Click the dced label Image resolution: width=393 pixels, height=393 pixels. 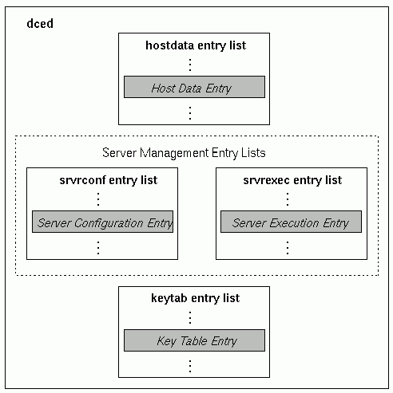click(40, 23)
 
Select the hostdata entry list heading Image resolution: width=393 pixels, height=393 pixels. click(196, 45)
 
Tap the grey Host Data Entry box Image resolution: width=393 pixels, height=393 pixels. click(194, 87)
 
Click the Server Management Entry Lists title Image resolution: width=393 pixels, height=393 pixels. click(184, 153)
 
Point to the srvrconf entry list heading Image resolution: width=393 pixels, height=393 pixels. click(109, 180)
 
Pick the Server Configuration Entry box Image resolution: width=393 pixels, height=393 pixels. click(102, 222)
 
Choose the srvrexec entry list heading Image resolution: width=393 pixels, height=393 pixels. click(292, 180)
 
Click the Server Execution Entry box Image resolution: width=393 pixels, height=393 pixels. click(291, 222)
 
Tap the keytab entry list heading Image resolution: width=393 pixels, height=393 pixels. click(195, 298)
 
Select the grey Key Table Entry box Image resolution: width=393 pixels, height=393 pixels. click(194, 340)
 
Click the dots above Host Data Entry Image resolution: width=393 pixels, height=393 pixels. click(190, 65)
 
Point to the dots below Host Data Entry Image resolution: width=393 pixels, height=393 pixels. click(190, 113)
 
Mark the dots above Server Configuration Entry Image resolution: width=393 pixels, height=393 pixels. click(98, 199)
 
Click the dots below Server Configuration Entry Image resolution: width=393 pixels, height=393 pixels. click(98, 248)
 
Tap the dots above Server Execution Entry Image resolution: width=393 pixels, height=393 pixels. click(288, 199)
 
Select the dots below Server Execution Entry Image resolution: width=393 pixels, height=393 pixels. click(288, 248)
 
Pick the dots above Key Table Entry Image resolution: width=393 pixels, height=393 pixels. click(190, 317)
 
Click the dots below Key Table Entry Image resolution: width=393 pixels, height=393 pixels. click(190, 366)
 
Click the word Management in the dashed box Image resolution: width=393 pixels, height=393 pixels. click(174, 153)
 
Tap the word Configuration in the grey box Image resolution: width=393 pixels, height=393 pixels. click(109, 223)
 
